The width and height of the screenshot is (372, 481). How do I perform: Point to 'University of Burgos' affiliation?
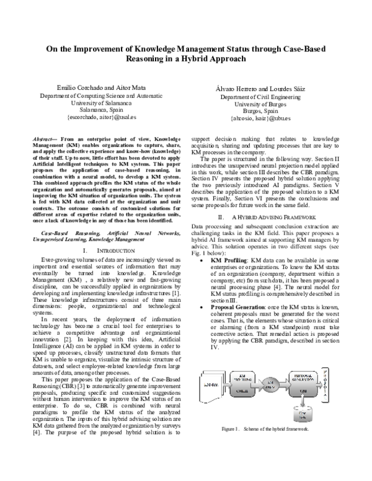pyautogui.click(x=264, y=104)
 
